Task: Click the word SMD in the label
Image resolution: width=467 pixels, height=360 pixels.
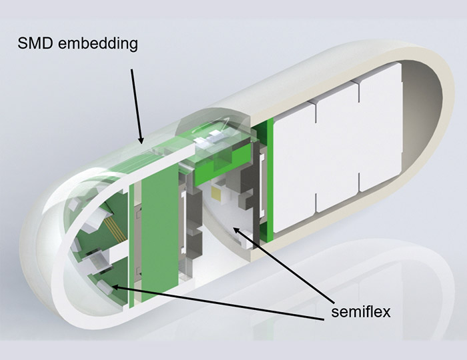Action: coord(35,43)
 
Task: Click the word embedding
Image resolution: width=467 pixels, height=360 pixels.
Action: coord(97,44)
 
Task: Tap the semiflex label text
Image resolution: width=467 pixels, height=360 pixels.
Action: coord(361,312)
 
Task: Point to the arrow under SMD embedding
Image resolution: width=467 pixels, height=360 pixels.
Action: coord(136,106)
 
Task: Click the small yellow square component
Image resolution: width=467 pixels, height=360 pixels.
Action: coord(216,193)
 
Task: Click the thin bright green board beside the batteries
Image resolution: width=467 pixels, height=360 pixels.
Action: coord(267,179)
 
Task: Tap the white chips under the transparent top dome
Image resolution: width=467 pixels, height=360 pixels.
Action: coord(207,139)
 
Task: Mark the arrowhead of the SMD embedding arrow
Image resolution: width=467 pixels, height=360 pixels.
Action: coord(141,140)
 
